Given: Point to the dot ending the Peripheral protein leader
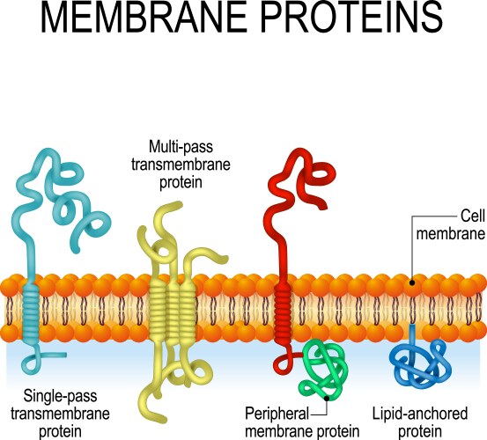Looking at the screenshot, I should click(327, 398).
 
